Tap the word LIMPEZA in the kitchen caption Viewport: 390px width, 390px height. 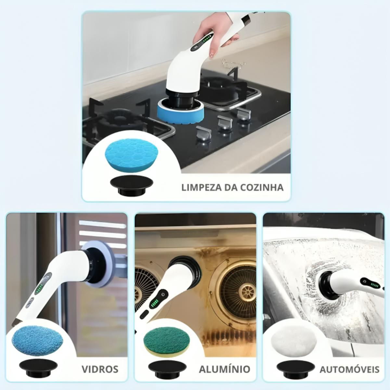(201, 187)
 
